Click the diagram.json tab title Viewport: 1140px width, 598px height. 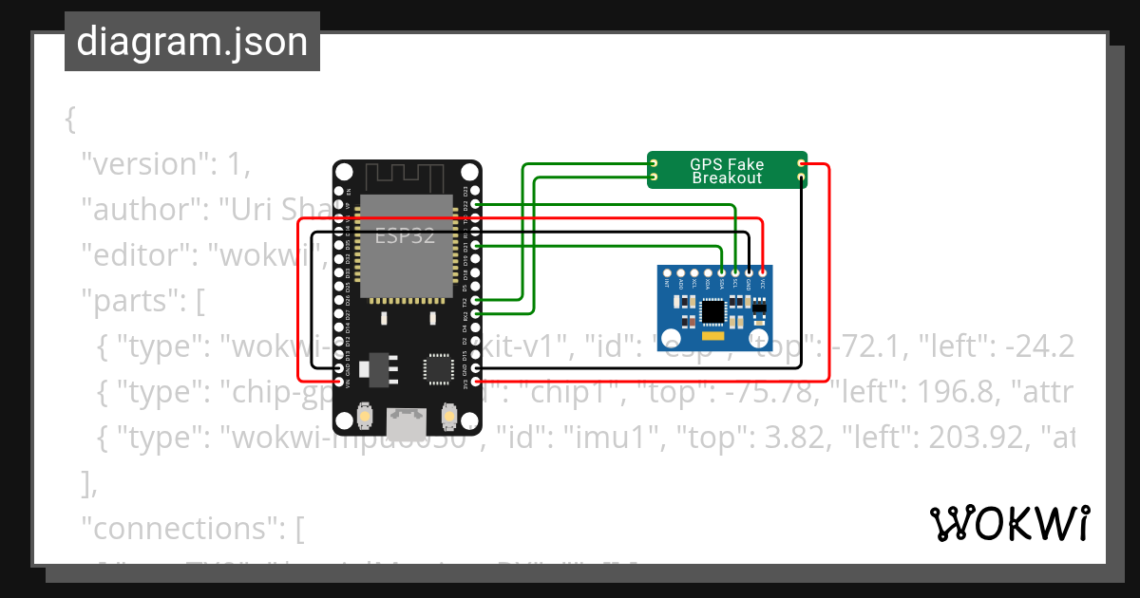(x=192, y=42)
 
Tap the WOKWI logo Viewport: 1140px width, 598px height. (x=1009, y=523)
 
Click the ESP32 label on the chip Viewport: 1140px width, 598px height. (x=405, y=235)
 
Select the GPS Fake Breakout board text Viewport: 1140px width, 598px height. (x=727, y=171)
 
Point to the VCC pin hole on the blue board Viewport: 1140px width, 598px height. (x=762, y=272)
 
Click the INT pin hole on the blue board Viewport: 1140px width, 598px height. (x=668, y=272)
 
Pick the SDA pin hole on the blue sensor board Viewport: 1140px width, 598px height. (x=722, y=272)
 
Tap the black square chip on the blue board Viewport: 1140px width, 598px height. (x=712, y=310)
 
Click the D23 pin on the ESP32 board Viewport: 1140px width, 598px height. (x=476, y=204)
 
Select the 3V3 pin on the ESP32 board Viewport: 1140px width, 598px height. (x=476, y=382)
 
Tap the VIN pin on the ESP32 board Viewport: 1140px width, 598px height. (x=341, y=382)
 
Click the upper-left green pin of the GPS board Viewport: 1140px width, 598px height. (x=654, y=164)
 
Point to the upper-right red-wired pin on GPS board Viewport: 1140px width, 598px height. (x=801, y=164)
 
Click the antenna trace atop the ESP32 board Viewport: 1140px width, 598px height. (x=407, y=176)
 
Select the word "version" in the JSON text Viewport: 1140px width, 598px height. (x=142, y=164)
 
